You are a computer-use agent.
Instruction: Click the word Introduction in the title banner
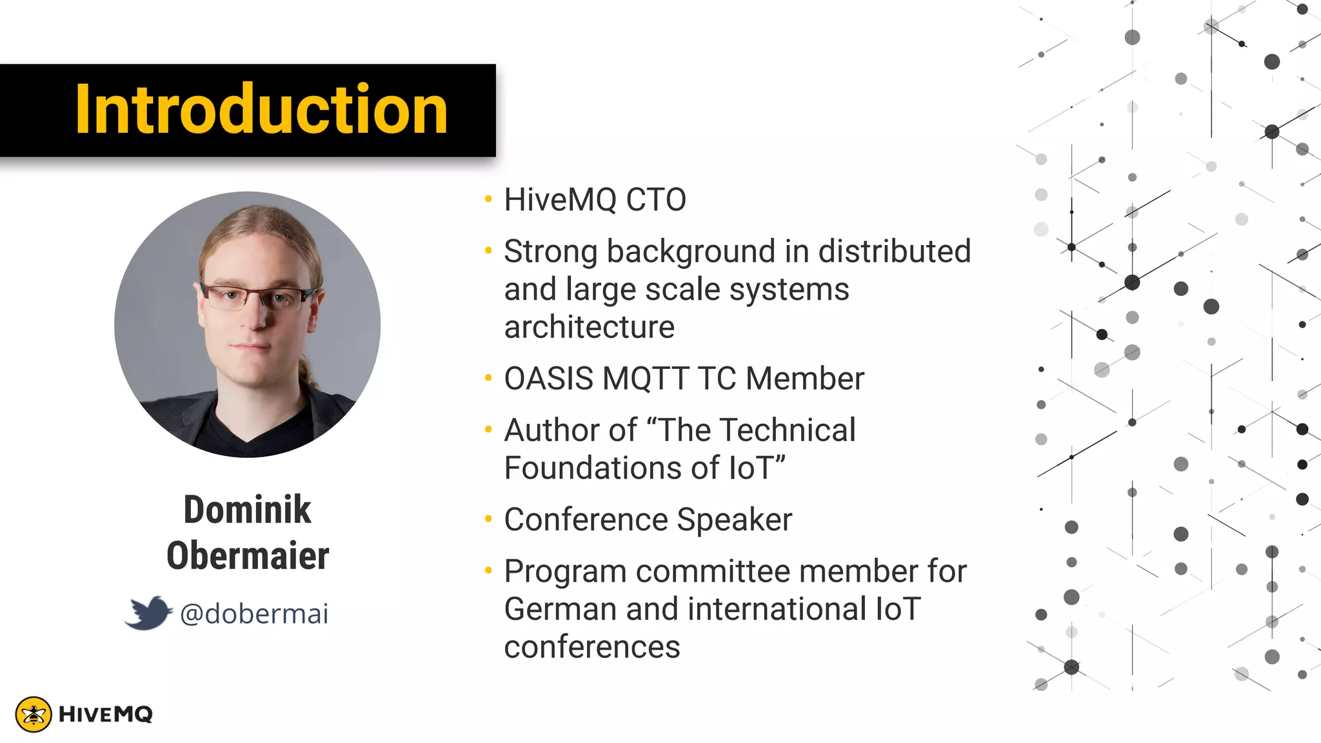pyautogui.click(x=261, y=110)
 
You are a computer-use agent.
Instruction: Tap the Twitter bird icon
pyautogui.click(x=149, y=612)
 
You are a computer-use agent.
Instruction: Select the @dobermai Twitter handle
pyautogui.click(x=254, y=614)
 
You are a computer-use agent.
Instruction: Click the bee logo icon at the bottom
pyautogui.click(x=34, y=714)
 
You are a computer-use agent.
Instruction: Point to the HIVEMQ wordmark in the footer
pyautogui.click(x=106, y=714)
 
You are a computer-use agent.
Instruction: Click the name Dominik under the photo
pyautogui.click(x=247, y=510)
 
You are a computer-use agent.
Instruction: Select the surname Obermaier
pyautogui.click(x=248, y=556)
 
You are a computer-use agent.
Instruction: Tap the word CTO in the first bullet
pyautogui.click(x=656, y=199)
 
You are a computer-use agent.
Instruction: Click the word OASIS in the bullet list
pyautogui.click(x=548, y=379)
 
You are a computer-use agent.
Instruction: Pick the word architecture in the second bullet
pyautogui.click(x=589, y=327)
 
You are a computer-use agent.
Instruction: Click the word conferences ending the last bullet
pyautogui.click(x=591, y=647)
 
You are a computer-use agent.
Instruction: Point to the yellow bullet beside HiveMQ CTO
pyautogui.click(x=488, y=199)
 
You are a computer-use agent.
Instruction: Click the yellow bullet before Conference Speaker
pyautogui.click(x=488, y=519)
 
